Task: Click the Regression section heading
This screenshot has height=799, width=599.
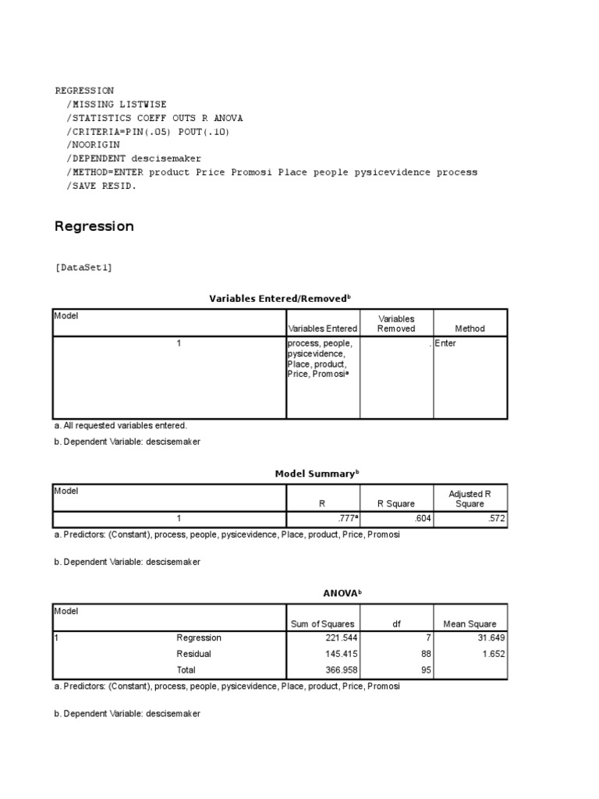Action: [94, 226]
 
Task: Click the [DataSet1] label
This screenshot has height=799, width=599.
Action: [83, 268]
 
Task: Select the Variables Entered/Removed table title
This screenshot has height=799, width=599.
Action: [280, 298]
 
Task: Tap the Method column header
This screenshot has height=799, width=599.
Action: [470, 328]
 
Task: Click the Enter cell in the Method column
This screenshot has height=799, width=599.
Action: [445, 343]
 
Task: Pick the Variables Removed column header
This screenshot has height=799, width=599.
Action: [396, 324]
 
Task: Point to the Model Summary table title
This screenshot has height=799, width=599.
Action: [315, 474]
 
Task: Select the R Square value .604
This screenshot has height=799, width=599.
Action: [419, 519]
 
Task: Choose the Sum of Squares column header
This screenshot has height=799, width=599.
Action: [322, 623]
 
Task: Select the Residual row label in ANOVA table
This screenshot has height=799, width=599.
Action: [193, 654]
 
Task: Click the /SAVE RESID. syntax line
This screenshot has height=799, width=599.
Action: [101, 185]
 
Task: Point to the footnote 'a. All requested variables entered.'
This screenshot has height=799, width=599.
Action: [120, 425]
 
